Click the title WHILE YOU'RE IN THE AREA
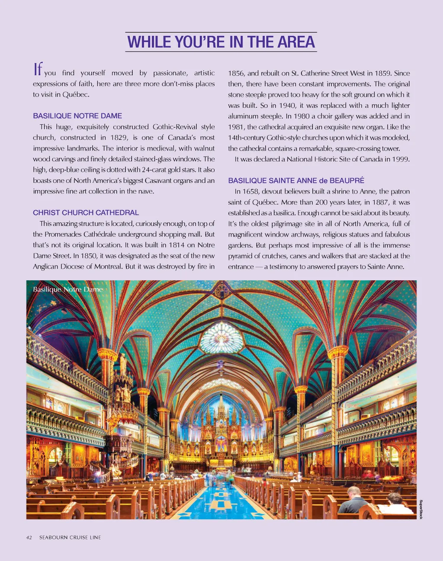[x=221, y=42]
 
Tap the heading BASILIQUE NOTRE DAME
[x=77, y=116]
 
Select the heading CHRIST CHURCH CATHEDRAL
[x=86, y=213]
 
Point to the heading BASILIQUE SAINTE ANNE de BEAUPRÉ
[x=296, y=180]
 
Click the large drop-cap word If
[x=38, y=69]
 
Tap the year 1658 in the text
[x=251, y=191]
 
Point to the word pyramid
[x=241, y=256]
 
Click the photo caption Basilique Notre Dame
[x=68, y=289]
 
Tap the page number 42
[x=29, y=537]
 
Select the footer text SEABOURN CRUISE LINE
[x=70, y=537]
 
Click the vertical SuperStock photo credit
[x=421, y=509]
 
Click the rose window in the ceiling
[x=221, y=338]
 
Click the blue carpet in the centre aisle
[x=221, y=502]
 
